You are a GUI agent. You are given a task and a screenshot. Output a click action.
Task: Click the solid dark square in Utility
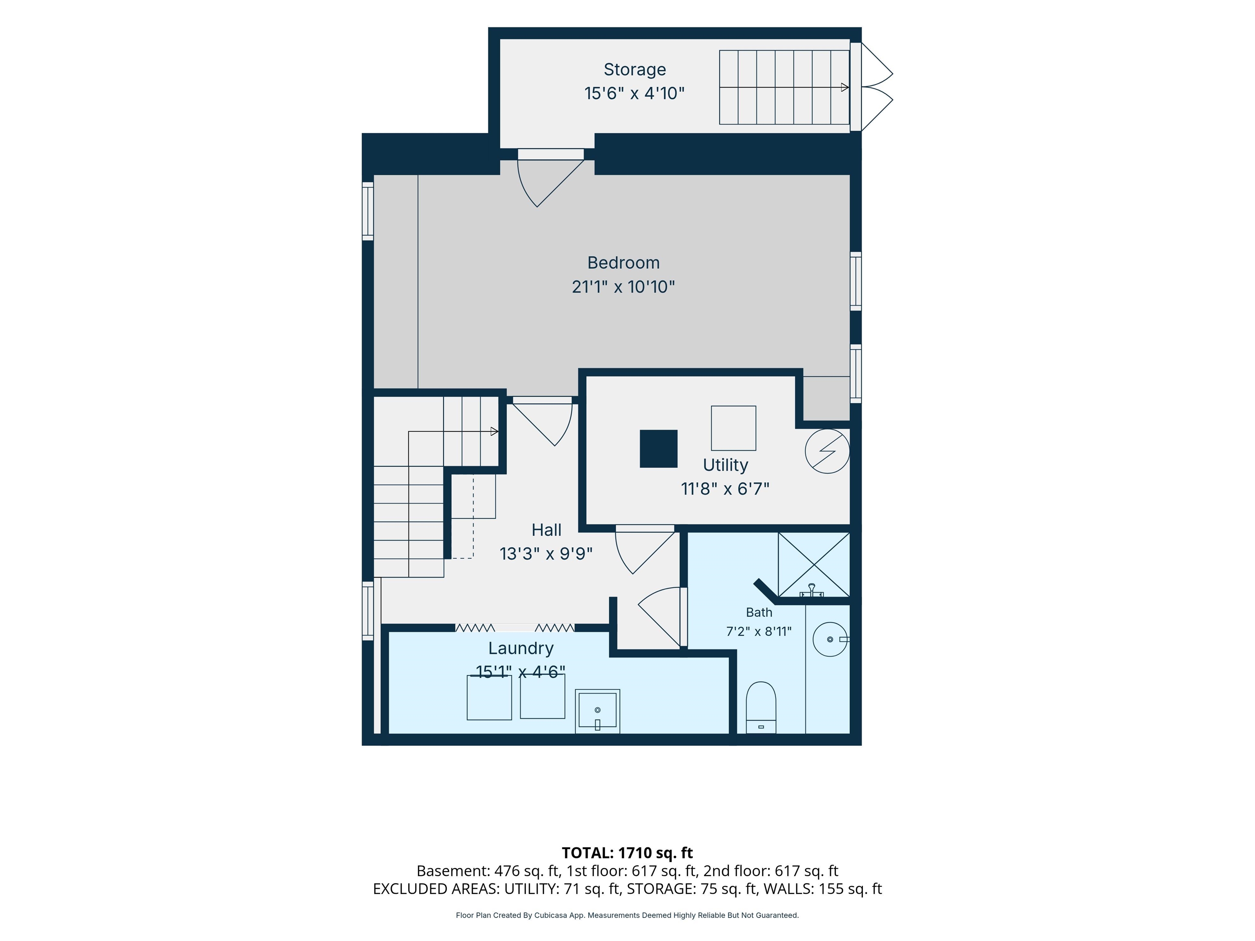(658, 449)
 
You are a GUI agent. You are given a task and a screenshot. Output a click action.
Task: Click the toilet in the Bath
(760, 707)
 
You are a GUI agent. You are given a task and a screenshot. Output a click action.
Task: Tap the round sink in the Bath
(830, 639)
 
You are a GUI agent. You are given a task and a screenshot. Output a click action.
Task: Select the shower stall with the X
(814, 564)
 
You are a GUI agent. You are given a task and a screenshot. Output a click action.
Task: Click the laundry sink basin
(597, 711)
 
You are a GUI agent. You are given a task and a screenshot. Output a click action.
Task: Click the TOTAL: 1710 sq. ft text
(627, 852)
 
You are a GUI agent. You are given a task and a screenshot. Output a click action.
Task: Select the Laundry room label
(521, 648)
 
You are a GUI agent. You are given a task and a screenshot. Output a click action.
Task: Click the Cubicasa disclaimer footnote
(627, 915)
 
